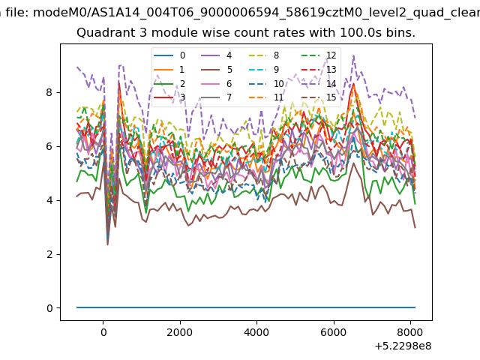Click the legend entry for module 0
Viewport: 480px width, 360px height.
pyautogui.click(x=169, y=55)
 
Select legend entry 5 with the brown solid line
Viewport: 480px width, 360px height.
pyautogui.click(x=217, y=70)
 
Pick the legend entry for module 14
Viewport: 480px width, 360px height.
pyautogui.click(x=319, y=84)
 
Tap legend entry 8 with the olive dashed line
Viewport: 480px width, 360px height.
pyautogui.click(x=263, y=55)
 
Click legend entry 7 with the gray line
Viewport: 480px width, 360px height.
pyautogui.click(x=216, y=97)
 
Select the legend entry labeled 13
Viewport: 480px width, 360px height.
pyautogui.click(x=319, y=70)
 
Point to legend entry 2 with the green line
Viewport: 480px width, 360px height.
pyautogui.click(x=169, y=84)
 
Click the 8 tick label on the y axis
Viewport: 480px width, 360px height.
pyautogui.click(x=49, y=92)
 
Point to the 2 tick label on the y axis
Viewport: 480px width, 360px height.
pyautogui.click(x=49, y=254)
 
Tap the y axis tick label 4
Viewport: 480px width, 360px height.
pyautogui.click(x=49, y=200)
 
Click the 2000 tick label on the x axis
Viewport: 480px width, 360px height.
pyautogui.click(x=180, y=332)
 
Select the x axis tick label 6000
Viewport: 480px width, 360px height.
pyautogui.click(x=333, y=332)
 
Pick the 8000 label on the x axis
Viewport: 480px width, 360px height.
pyautogui.click(x=410, y=332)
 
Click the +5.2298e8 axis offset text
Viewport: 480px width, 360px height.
pyautogui.click(x=403, y=346)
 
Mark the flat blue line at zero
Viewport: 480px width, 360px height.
pyautogui.click(x=246, y=307)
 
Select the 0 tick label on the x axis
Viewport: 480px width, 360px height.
pyautogui.click(x=103, y=332)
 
